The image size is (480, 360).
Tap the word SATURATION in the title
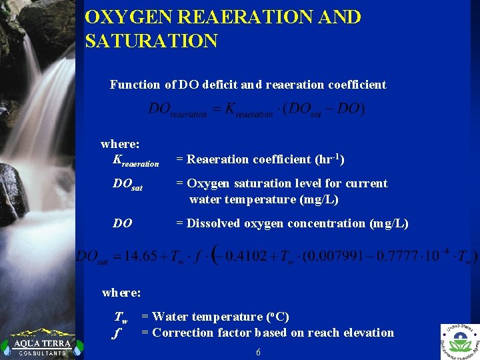click(151, 41)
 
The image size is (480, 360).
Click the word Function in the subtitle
click(135, 85)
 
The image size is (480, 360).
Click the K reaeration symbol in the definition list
click(136, 160)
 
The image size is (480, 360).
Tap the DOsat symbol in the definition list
click(127, 185)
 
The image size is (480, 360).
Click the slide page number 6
click(258, 352)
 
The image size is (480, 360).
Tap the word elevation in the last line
click(367, 333)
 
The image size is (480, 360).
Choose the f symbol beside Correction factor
click(118, 333)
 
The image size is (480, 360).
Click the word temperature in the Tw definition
click(229, 317)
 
